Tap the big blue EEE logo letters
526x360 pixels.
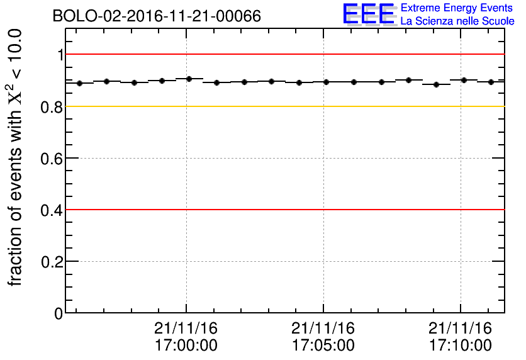[369, 14]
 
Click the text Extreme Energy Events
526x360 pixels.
[457, 8]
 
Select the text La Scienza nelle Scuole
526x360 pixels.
[457, 21]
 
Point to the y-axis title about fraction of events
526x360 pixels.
[16, 157]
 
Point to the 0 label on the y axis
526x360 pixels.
[59, 313]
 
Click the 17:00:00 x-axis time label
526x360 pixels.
[186, 346]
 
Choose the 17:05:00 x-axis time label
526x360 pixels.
[323, 346]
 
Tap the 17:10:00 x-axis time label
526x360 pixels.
[461, 346]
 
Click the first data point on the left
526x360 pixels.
[79, 83]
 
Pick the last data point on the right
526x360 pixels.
[491, 82]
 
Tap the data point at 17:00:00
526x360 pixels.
[189, 79]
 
